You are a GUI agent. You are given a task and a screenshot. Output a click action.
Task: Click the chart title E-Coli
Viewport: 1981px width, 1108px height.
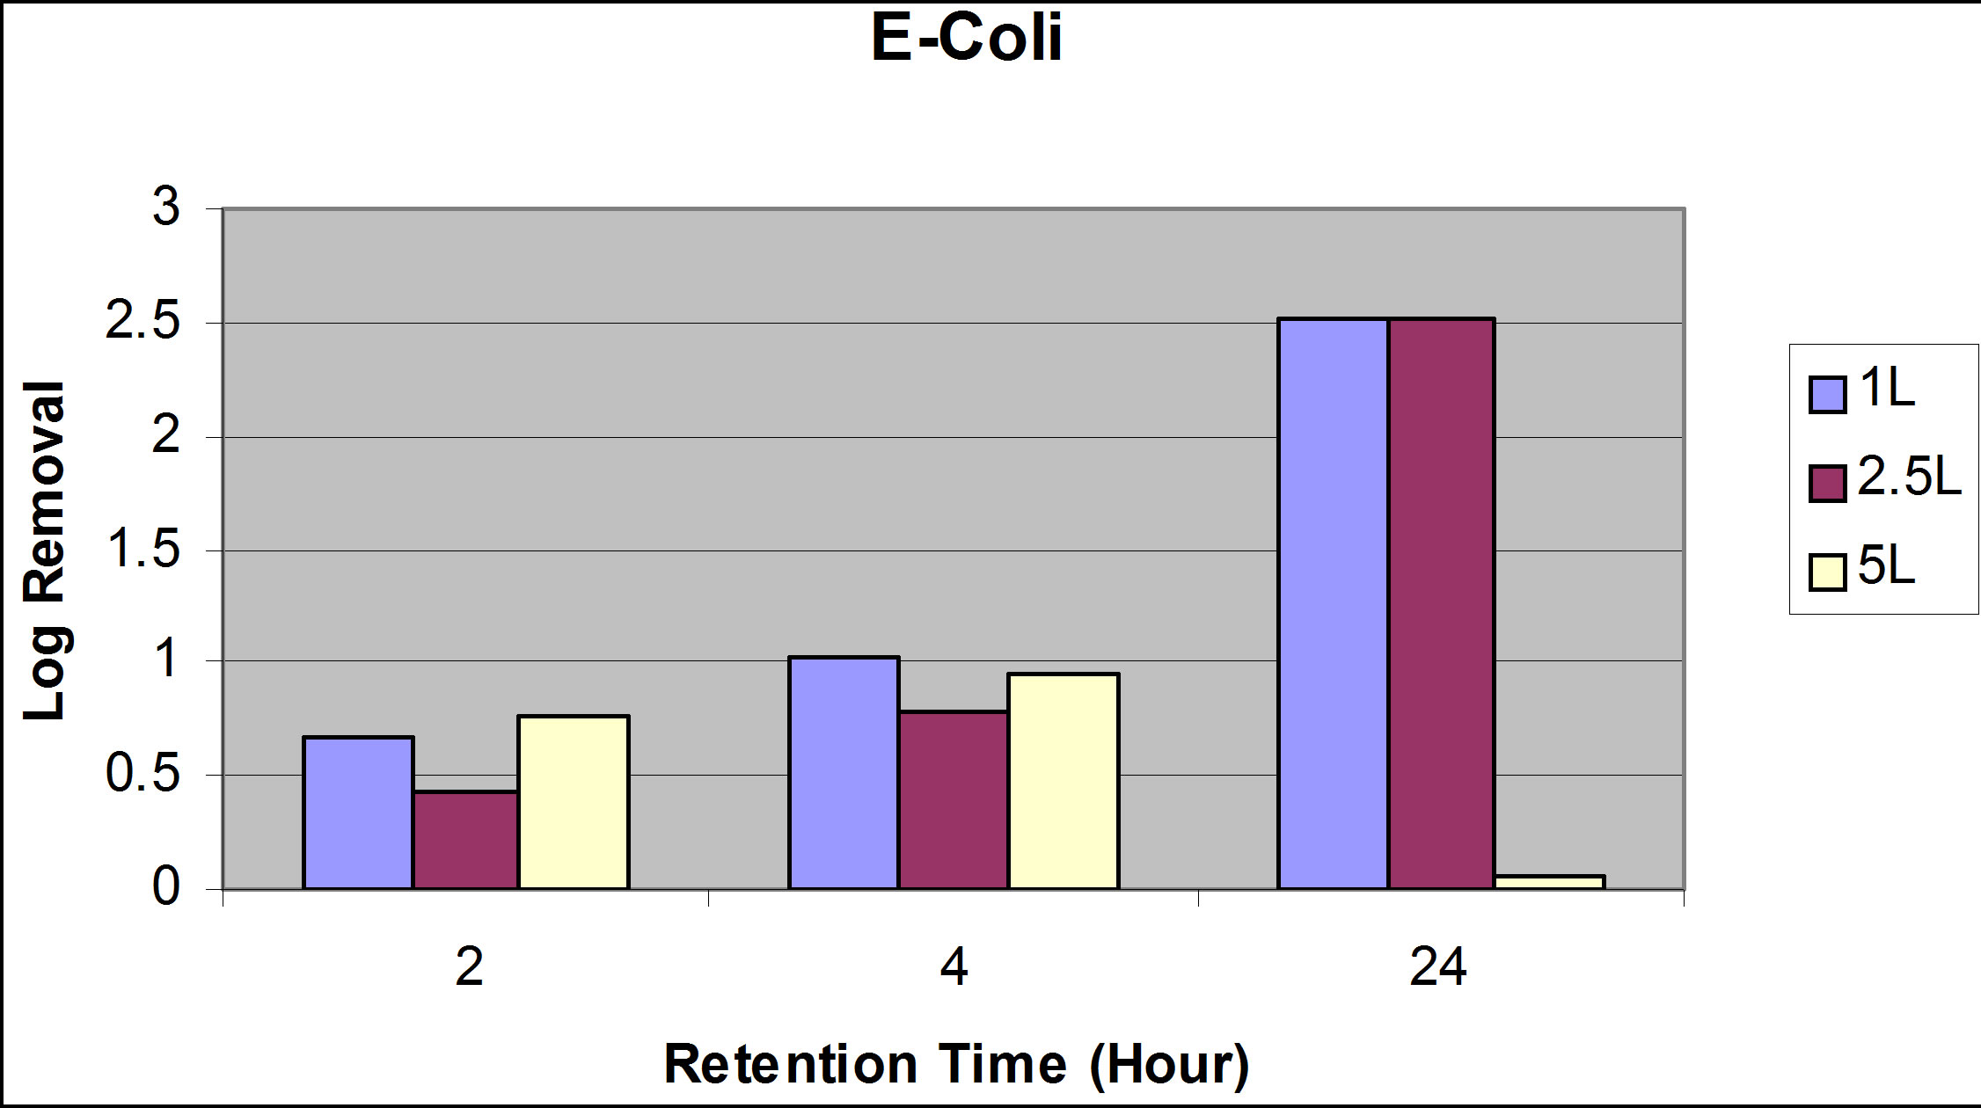967,39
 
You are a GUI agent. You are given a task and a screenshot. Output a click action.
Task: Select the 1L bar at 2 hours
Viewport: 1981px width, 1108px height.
358,813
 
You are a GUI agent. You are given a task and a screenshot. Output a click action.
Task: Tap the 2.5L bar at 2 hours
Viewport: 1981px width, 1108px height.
465,840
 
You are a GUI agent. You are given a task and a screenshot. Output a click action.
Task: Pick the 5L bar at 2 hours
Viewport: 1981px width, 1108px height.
573,802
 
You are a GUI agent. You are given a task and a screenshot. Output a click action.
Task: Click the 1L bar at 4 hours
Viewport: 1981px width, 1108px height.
844,773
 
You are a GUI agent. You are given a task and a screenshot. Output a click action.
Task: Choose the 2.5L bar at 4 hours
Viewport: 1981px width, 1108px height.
953,799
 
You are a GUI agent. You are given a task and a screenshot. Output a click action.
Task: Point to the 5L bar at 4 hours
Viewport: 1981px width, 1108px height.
1063,781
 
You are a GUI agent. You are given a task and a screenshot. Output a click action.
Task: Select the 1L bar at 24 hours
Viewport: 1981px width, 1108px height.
1333,603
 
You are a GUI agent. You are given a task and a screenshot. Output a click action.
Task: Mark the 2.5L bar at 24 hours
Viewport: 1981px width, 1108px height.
1441,603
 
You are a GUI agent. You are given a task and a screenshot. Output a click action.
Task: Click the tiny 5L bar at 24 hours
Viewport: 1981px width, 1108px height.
1549,881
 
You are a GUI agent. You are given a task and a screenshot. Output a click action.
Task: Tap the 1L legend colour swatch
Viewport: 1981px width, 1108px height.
1827,395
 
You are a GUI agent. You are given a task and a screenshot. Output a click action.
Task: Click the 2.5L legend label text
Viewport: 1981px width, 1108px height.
1909,479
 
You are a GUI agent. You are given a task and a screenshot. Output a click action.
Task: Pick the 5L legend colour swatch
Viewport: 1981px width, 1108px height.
1827,572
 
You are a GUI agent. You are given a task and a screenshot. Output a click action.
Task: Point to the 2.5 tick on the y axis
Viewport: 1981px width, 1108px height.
143,323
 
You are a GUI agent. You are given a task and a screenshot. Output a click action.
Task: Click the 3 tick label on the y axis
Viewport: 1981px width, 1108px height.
165,208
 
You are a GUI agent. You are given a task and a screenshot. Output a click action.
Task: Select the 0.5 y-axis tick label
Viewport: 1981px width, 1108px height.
143,775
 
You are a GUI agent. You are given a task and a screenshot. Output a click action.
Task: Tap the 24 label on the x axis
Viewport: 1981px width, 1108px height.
1438,968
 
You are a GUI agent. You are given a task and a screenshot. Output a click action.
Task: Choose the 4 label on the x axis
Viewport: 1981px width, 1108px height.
954,968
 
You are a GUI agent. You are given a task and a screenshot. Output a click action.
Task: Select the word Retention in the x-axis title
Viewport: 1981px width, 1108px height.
791,1064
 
